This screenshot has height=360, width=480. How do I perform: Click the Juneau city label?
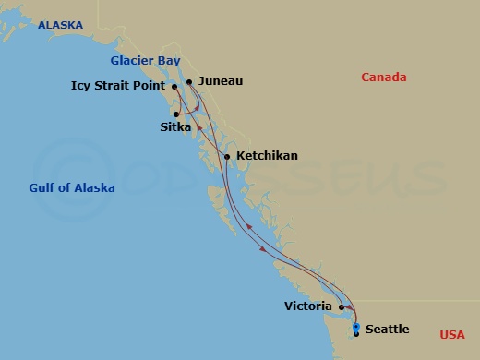(221, 81)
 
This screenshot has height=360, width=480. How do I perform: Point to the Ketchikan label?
(267, 156)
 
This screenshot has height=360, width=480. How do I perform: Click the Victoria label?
(308, 304)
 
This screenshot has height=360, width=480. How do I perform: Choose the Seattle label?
(388, 329)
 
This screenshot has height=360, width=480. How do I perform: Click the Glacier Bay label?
(145, 60)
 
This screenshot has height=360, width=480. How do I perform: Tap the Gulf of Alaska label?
(71, 187)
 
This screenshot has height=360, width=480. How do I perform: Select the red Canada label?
(383, 78)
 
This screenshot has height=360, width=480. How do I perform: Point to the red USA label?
(452, 334)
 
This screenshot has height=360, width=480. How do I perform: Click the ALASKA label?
(60, 25)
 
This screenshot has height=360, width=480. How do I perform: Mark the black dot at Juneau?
(188, 82)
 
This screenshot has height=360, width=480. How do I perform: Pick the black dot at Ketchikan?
(227, 157)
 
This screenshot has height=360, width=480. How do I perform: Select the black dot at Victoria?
(342, 307)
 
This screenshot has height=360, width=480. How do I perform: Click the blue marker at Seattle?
(356, 327)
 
